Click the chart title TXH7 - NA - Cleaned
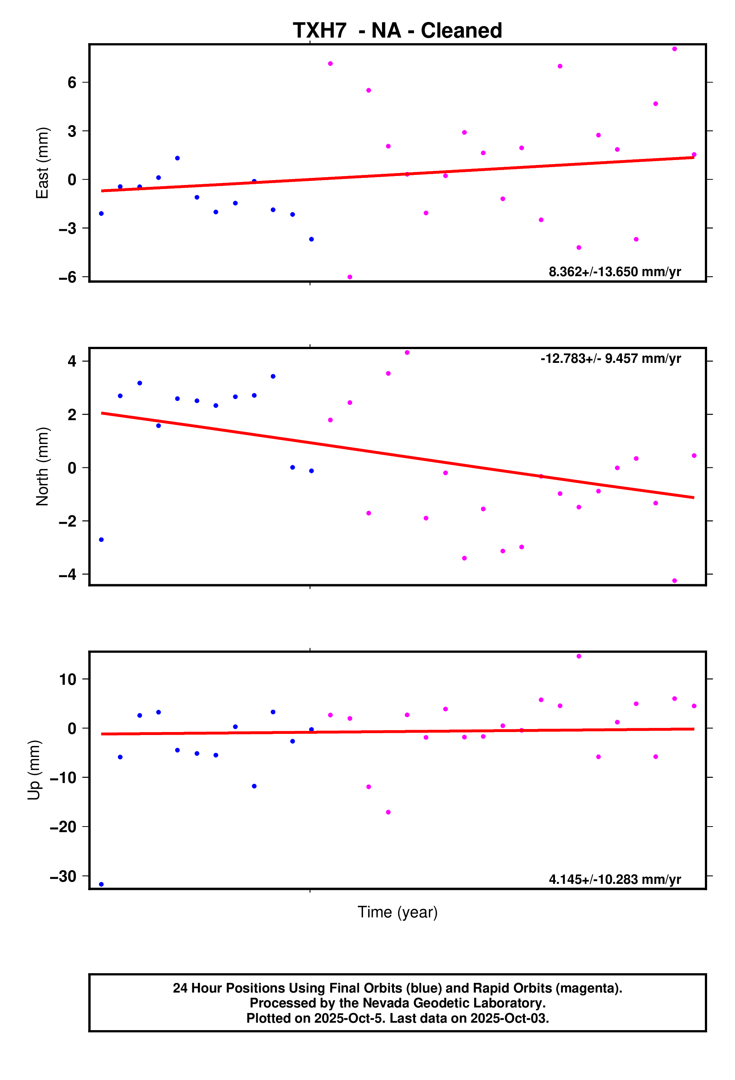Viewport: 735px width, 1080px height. pyautogui.click(x=397, y=31)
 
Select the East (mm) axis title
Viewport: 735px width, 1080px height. pyautogui.click(x=42, y=163)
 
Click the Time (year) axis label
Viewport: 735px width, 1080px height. pyautogui.click(x=397, y=912)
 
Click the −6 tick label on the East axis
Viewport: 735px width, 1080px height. pyautogui.click(x=67, y=277)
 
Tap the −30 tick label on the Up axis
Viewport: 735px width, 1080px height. pyautogui.click(x=63, y=876)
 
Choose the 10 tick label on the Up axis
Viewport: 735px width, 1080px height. pyautogui.click(x=67, y=680)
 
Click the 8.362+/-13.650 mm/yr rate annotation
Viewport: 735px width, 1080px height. pyautogui.click(x=614, y=272)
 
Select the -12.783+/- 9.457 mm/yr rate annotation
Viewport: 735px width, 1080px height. pyautogui.click(x=610, y=359)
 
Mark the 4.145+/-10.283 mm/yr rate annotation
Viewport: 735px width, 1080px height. pyautogui.click(x=614, y=880)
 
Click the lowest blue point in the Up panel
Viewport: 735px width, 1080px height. pyautogui.click(x=101, y=884)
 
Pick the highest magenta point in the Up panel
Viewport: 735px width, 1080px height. pyautogui.click(x=578, y=656)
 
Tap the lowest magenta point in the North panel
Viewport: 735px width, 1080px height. pyautogui.click(x=674, y=581)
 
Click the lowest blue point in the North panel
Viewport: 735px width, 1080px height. pyautogui.click(x=101, y=540)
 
